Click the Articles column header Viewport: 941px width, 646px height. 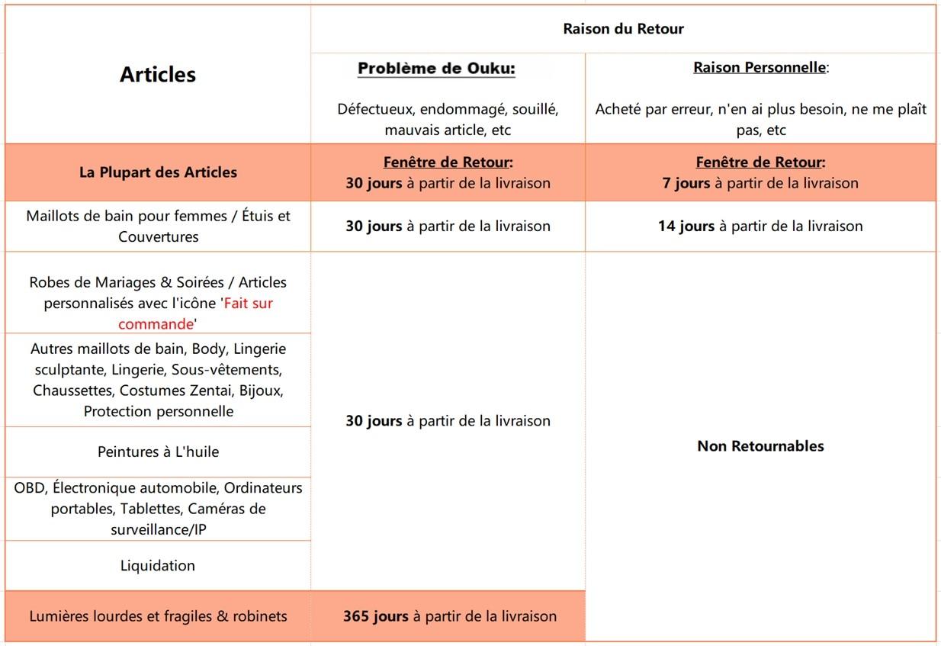[x=158, y=74]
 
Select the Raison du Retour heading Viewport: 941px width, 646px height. [x=623, y=29]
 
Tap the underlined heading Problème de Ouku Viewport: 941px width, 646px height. [x=436, y=69]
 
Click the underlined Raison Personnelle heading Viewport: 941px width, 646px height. [x=759, y=67]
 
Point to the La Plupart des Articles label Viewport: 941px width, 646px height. [x=158, y=172]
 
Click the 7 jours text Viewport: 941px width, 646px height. [x=686, y=183]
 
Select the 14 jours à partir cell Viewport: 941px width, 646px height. [x=760, y=226]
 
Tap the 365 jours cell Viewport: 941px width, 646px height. [x=449, y=615]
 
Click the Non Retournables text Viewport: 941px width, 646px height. [x=760, y=446]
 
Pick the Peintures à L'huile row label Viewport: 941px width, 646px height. [x=158, y=452]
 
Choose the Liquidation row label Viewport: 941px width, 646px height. [x=158, y=565]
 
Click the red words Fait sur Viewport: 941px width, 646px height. [x=248, y=303]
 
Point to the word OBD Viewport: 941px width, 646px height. [x=30, y=487]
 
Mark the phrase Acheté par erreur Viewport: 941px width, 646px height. [x=650, y=109]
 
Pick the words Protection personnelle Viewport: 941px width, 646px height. [x=159, y=411]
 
